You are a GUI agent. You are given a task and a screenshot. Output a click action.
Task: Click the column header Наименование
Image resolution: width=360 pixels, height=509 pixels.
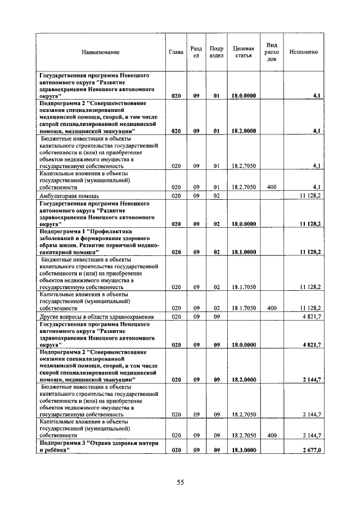point(101,52)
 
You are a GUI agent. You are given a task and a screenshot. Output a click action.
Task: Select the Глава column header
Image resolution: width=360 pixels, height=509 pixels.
point(176,52)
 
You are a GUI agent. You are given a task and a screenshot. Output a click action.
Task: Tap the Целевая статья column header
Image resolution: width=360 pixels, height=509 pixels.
point(244,52)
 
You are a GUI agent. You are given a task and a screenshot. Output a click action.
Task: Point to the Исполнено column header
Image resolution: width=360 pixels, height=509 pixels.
point(304,52)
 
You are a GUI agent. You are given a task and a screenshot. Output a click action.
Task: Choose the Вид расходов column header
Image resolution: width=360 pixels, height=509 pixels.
point(272,52)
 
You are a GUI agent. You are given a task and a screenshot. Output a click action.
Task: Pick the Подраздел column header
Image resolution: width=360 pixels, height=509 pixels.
point(216,52)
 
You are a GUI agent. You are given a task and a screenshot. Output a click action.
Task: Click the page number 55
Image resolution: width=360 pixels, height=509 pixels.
point(181,482)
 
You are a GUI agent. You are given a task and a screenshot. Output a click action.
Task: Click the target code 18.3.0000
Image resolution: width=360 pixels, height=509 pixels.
point(244,451)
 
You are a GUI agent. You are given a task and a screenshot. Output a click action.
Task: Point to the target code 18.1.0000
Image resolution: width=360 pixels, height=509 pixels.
point(244,253)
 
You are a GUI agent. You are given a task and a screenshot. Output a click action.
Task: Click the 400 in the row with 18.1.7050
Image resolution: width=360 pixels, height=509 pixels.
point(272,308)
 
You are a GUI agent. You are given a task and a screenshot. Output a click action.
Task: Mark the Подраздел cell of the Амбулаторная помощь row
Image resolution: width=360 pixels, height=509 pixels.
point(216,196)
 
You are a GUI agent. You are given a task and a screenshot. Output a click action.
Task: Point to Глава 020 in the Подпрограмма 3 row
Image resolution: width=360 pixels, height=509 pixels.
point(176,451)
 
